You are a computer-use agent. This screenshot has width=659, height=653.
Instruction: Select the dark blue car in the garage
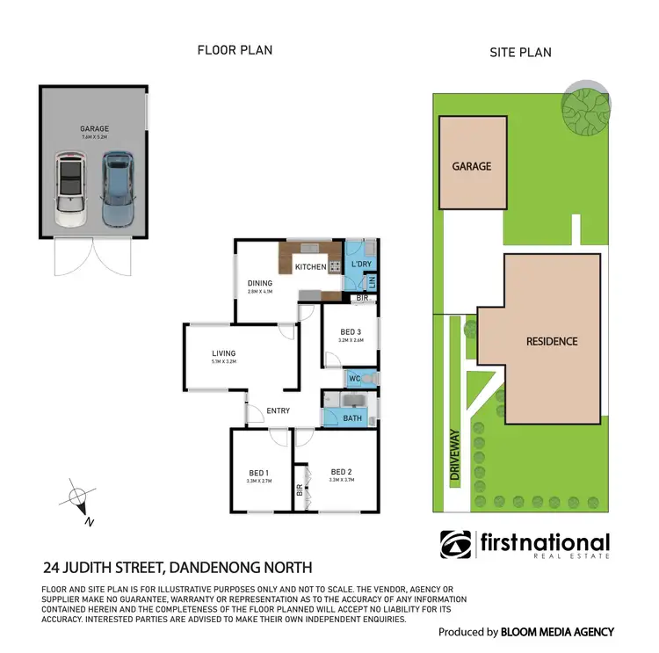[x=116, y=190]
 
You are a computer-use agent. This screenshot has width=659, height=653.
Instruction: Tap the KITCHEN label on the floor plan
[x=310, y=266]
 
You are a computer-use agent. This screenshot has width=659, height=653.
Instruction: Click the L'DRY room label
[x=361, y=265]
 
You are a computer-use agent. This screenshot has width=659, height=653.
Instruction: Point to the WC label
[x=354, y=379]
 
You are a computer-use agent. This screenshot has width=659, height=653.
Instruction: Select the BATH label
[x=353, y=418]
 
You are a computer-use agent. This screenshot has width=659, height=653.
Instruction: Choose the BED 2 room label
[x=342, y=472]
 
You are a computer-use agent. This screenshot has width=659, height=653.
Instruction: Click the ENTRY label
[x=279, y=410]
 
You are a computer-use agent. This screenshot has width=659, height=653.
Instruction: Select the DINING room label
[x=260, y=283]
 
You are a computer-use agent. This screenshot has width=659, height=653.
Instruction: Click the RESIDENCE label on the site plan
[x=552, y=341]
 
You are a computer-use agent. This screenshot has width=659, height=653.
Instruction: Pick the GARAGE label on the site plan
[x=472, y=165]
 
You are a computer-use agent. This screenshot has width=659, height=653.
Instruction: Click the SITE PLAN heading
[x=520, y=52]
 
